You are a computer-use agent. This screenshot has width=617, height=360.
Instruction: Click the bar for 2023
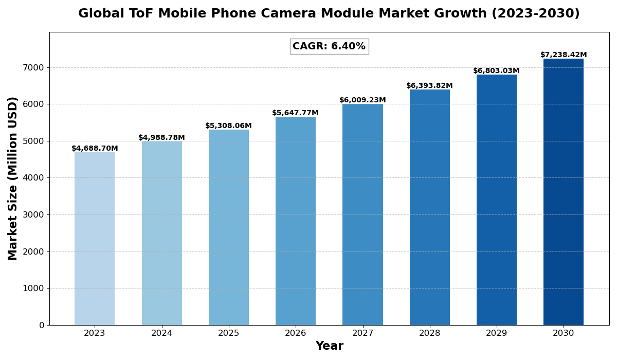click(95, 239)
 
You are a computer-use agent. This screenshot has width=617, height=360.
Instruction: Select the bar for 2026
click(296, 221)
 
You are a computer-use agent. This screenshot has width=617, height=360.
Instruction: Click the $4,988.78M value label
click(161, 138)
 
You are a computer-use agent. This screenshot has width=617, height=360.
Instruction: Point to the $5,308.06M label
click(228, 126)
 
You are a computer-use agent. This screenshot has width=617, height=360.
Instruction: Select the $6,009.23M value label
click(362, 100)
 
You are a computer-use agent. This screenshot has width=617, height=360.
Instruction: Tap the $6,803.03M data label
click(496, 71)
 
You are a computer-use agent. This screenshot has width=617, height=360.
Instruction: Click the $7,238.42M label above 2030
click(564, 55)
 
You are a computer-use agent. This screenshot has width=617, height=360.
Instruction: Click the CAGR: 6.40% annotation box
click(329, 46)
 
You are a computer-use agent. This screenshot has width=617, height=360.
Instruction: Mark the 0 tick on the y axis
click(42, 325)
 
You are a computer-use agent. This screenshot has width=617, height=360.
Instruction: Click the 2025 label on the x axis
click(229, 333)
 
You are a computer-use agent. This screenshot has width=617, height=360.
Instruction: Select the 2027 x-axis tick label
click(362, 333)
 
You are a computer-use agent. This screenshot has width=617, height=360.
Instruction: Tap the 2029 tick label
click(497, 333)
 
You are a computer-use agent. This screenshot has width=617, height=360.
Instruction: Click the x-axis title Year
click(329, 346)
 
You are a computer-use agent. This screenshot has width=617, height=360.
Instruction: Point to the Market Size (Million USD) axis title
click(13, 178)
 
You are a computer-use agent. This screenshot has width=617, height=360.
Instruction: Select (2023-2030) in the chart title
click(535, 14)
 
